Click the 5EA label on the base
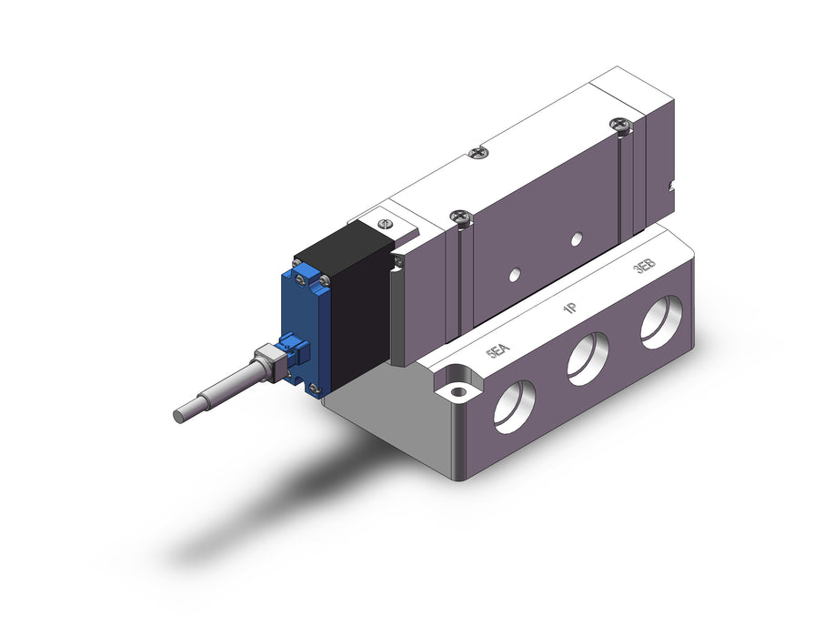[497, 350]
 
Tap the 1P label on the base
[570, 308]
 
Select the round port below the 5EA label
[515, 407]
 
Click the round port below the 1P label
[588, 359]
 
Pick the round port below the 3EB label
[661, 322]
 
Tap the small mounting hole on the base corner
[458, 391]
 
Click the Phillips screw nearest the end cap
[621, 126]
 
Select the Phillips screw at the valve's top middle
[477, 153]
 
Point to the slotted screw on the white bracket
[386, 224]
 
